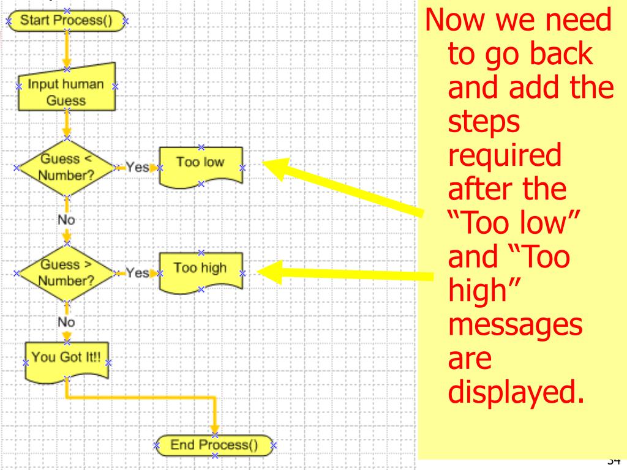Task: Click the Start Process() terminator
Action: [x=67, y=20]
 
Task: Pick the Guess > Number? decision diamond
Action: [x=66, y=273]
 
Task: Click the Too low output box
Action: [x=200, y=163]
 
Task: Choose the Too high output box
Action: [x=200, y=269]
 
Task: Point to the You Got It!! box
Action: [x=66, y=359]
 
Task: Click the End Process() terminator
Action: [x=214, y=446]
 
